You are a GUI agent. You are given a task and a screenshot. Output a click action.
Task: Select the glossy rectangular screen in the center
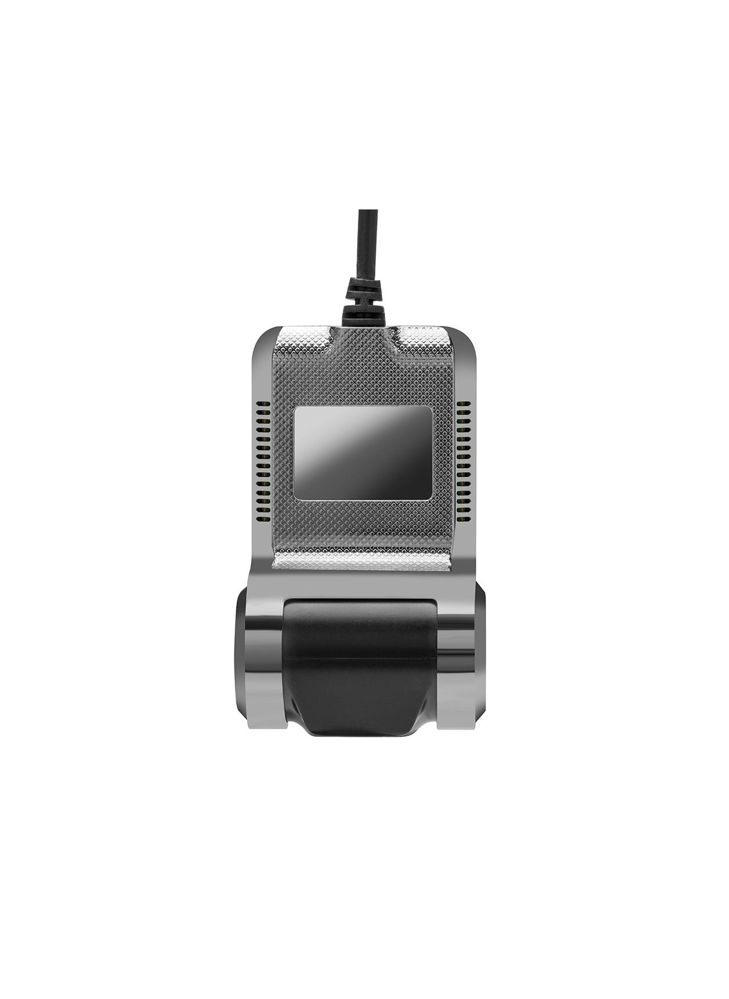point(363,453)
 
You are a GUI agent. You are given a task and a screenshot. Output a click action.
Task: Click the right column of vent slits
point(464,453)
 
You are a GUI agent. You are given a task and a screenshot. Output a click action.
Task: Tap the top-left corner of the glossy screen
point(298,410)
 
